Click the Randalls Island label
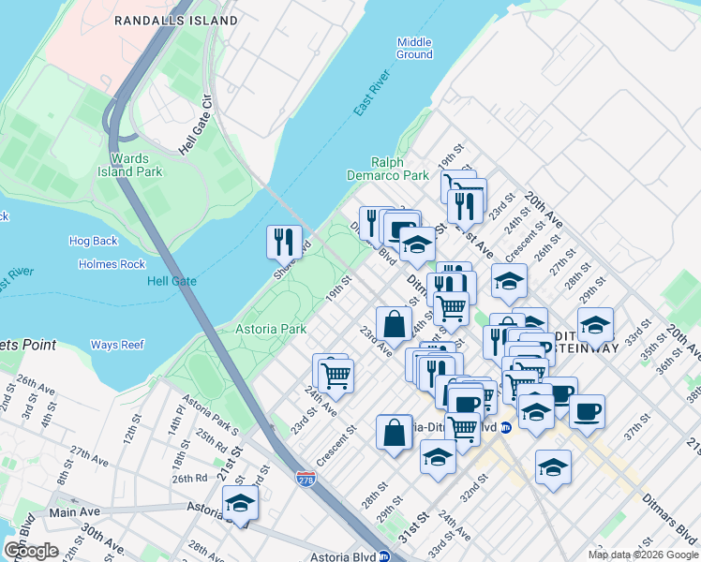click(x=174, y=20)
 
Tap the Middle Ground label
click(x=414, y=48)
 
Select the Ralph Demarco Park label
click(x=399, y=169)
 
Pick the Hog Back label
click(x=93, y=241)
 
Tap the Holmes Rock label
click(x=112, y=264)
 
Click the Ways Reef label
click(x=117, y=345)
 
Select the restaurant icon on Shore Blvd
click(x=284, y=241)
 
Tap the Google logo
click(x=31, y=551)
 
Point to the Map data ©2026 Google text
click(x=643, y=555)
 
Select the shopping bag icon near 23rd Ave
click(x=395, y=324)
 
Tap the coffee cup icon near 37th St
click(x=588, y=410)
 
